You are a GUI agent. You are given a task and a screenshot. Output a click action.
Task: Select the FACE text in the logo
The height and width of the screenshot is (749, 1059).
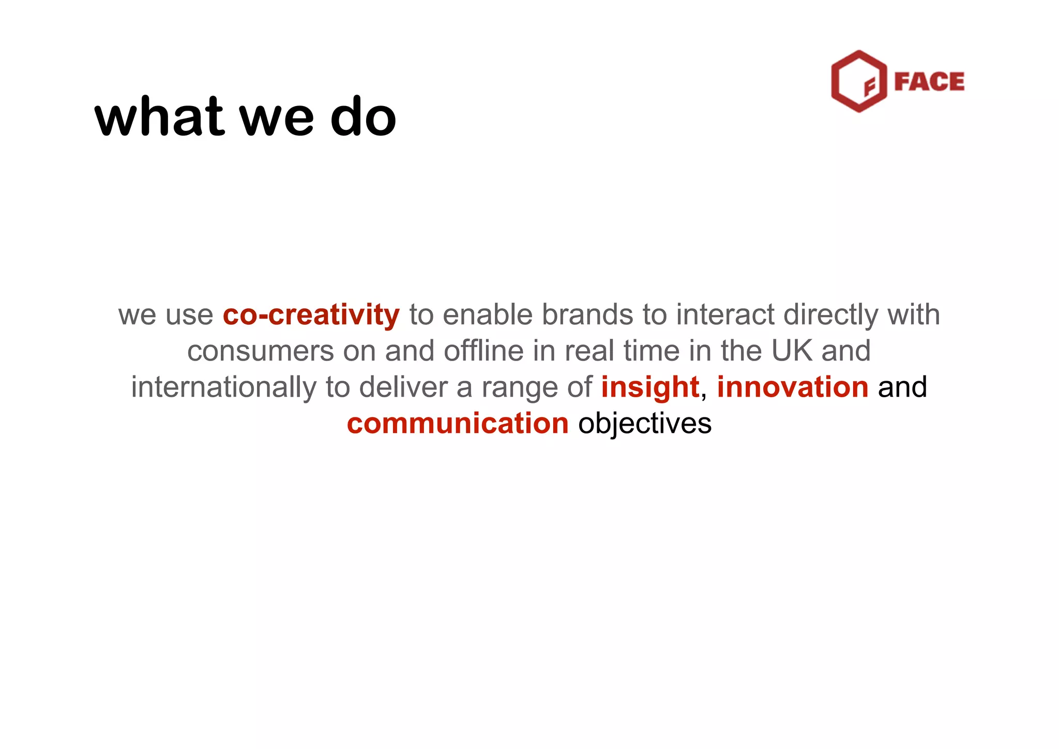point(929,82)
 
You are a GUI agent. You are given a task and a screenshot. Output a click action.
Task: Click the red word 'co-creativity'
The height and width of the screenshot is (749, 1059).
point(311,315)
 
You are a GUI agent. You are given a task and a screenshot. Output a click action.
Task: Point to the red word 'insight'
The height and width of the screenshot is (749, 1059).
point(649,387)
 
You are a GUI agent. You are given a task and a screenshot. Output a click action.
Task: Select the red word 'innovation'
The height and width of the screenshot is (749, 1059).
point(792,387)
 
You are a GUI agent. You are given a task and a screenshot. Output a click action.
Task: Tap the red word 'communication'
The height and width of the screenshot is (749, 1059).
point(458,424)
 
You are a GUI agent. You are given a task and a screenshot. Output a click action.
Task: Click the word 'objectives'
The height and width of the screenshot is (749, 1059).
point(645,424)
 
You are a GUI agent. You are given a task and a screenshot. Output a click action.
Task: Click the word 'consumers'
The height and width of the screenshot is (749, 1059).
point(261,351)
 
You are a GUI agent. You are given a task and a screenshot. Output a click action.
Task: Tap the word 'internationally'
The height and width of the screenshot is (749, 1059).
point(223,388)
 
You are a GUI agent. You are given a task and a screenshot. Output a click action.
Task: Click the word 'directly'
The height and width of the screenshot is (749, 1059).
point(830,315)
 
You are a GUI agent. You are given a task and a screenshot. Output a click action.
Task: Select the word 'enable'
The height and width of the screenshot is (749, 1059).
point(487,314)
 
